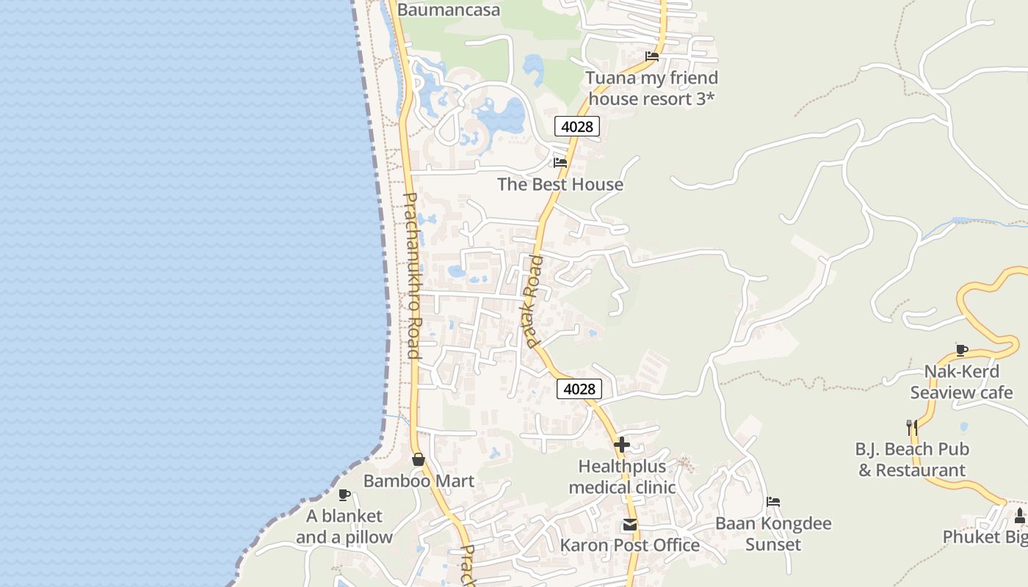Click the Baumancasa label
click(x=449, y=10)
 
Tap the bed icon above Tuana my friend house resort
click(x=651, y=56)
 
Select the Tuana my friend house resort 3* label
click(x=651, y=88)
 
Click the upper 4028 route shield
click(x=576, y=126)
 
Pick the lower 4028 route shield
click(x=579, y=389)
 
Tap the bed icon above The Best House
click(x=560, y=162)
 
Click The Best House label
click(x=560, y=184)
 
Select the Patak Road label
click(x=534, y=301)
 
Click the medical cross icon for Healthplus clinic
click(x=622, y=445)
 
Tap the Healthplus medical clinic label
click(x=622, y=476)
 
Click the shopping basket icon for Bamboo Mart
click(x=419, y=459)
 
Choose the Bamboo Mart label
click(x=419, y=481)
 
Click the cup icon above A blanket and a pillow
click(x=344, y=495)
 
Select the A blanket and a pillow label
click(x=344, y=526)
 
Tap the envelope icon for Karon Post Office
click(x=629, y=525)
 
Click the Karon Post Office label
click(x=629, y=545)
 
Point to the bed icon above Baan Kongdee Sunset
click(x=773, y=503)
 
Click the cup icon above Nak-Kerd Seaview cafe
click(x=961, y=350)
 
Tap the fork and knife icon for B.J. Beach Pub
click(x=912, y=427)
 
